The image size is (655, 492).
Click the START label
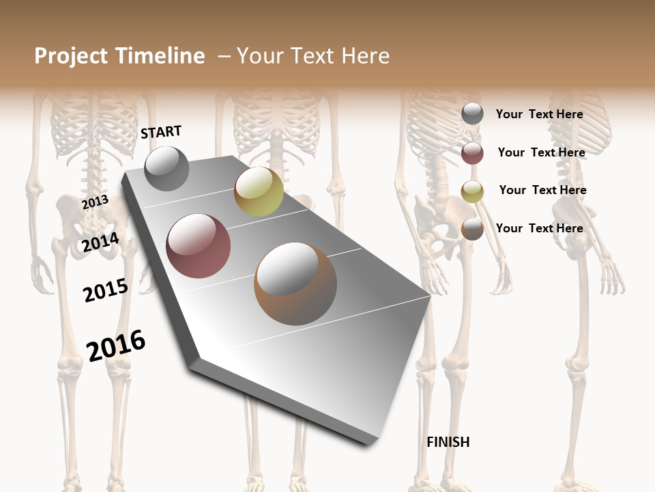(x=161, y=132)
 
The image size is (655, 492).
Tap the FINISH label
(x=448, y=442)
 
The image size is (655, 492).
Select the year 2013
(x=95, y=202)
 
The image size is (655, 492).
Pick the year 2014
(x=101, y=243)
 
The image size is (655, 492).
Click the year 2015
(x=106, y=290)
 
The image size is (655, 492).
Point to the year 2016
(x=117, y=345)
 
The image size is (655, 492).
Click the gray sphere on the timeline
(x=166, y=168)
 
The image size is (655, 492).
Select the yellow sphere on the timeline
(x=259, y=191)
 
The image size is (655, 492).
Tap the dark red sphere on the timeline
(x=199, y=246)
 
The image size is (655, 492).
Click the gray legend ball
(x=472, y=114)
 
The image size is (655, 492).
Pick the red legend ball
(x=472, y=153)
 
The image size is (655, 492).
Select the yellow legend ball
(x=472, y=191)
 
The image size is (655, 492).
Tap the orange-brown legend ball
(x=472, y=229)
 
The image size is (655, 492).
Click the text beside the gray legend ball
(x=539, y=114)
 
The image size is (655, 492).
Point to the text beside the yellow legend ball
(x=542, y=190)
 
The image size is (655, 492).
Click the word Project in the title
(x=71, y=56)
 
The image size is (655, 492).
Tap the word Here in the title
(x=365, y=56)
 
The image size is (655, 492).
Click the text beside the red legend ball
(x=541, y=152)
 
